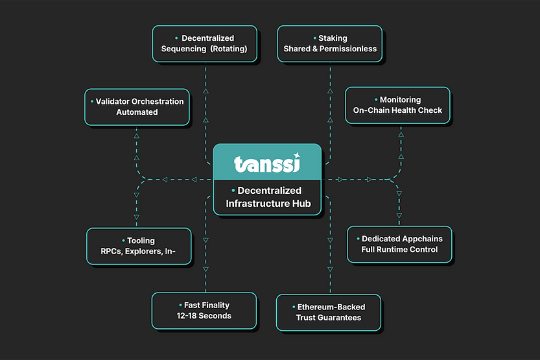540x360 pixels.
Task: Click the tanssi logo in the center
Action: click(266, 163)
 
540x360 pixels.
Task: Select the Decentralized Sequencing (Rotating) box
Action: click(204, 43)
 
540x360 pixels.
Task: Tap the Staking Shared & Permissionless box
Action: click(330, 43)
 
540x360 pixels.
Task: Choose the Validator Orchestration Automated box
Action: click(137, 107)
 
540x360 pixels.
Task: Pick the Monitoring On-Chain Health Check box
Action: click(397, 105)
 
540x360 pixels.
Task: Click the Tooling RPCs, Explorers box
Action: click(139, 246)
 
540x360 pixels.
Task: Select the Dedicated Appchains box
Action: click(399, 244)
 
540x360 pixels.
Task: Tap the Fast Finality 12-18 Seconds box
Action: click(204, 311)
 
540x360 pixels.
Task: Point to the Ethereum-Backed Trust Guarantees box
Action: click(328, 312)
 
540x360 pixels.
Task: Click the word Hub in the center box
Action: click(301, 204)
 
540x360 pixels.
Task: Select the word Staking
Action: click(333, 38)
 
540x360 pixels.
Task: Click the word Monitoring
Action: click(400, 100)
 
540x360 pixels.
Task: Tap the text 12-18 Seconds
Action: click(204, 316)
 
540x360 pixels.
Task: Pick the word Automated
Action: click(137, 112)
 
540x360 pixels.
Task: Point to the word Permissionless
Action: click(350, 49)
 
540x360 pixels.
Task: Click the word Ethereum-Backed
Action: click(331, 307)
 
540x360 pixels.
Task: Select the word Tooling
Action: click(141, 241)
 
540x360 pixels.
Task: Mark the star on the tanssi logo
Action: click(296, 155)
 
